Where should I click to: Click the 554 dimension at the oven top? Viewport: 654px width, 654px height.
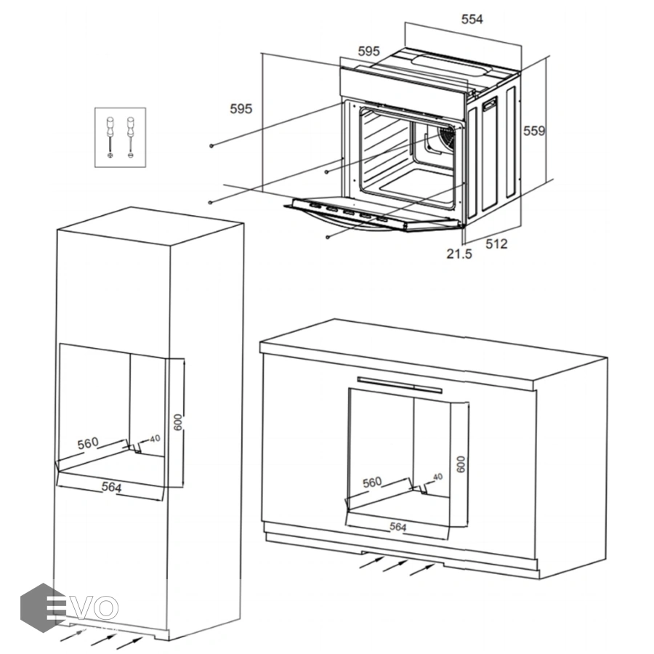[472, 19]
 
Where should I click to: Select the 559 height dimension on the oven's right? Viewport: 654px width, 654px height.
[534, 131]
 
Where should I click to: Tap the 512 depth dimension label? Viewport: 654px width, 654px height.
[496, 243]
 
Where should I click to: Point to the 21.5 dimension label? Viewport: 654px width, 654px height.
[459, 254]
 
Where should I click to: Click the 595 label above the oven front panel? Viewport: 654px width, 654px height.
[368, 52]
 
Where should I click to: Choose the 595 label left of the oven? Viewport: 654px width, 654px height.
[241, 109]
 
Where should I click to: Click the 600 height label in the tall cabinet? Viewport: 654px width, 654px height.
[178, 422]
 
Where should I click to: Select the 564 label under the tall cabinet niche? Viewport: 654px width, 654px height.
[112, 487]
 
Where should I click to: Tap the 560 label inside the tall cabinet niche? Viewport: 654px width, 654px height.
[88, 443]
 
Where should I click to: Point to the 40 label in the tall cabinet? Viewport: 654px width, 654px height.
[155, 439]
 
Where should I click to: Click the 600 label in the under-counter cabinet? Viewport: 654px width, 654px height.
[461, 464]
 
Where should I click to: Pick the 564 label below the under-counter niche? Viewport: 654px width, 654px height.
[397, 527]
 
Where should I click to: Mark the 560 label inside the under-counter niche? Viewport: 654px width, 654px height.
[372, 483]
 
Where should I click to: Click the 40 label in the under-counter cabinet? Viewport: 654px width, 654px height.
[437, 477]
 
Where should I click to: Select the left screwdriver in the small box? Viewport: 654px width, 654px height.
[110, 137]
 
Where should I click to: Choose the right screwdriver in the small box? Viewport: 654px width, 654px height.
[131, 137]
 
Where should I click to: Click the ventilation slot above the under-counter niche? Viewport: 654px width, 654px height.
[400, 385]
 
